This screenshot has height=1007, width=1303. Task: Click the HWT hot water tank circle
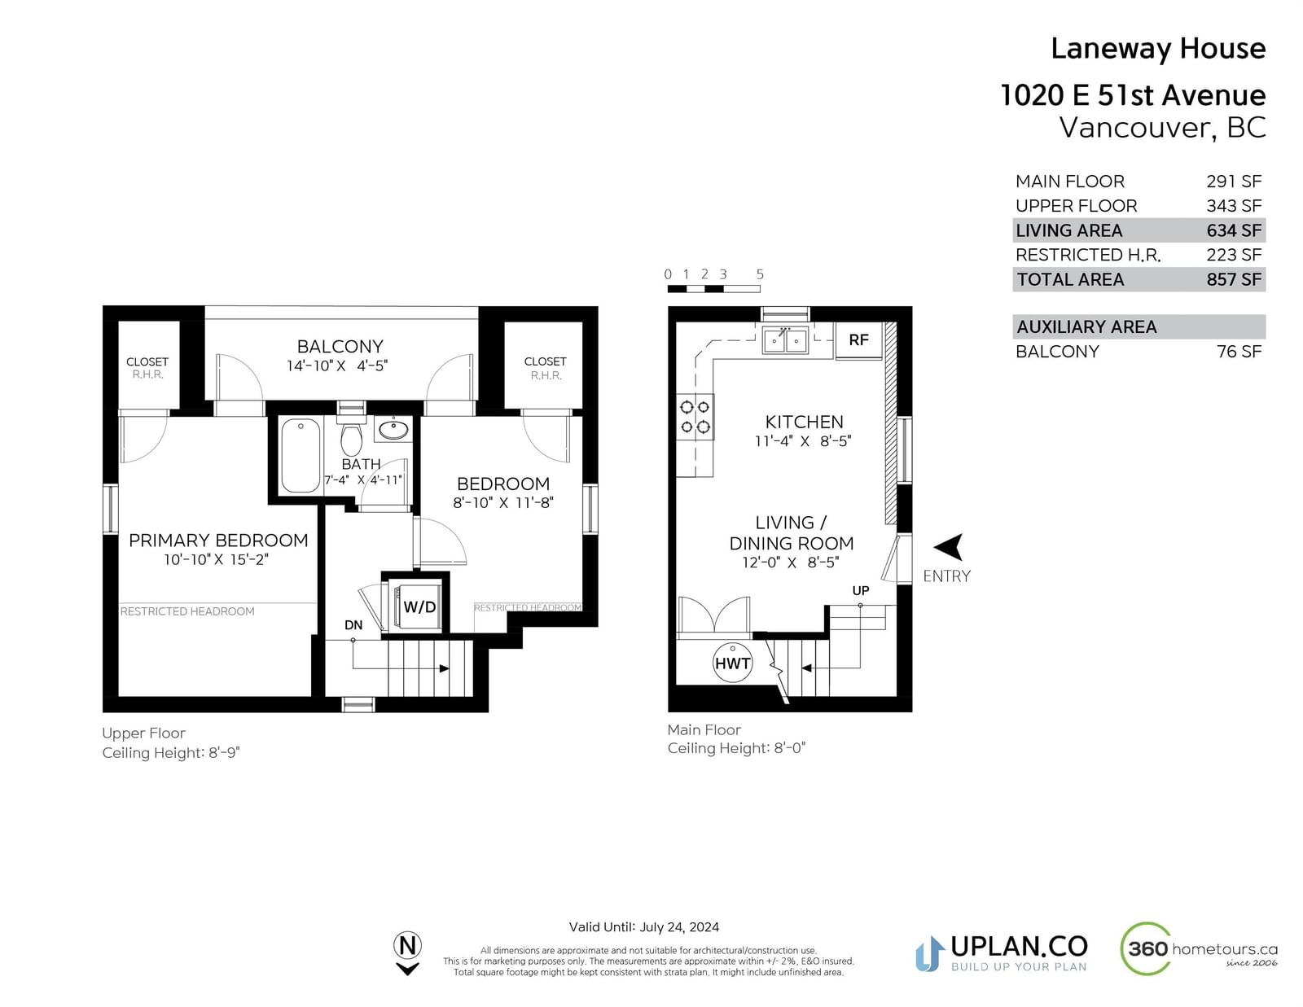[732, 663]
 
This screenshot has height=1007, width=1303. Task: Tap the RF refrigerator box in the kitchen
[858, 340]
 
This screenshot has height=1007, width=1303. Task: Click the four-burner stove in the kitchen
[695, 417]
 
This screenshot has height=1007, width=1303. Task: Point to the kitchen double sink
[785, 340]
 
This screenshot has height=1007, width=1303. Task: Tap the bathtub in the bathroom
[301, 456]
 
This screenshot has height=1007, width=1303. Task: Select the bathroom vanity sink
[394, 429]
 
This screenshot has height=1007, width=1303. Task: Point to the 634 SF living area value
[1234, 230]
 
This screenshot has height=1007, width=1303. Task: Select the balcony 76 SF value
[1239, 351]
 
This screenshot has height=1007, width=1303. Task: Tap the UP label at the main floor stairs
[861, 590]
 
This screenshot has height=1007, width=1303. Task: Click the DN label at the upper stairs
[353, 625]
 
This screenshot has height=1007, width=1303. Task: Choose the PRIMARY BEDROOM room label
[218, 540]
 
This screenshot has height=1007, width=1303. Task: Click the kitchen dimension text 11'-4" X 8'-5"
[803, 441]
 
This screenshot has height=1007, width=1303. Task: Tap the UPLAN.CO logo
[1002, 953]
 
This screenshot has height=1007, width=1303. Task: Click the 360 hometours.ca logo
[1199, 949]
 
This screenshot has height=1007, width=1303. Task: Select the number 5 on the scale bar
[760, 274]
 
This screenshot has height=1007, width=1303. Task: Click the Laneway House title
[1158, 48]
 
